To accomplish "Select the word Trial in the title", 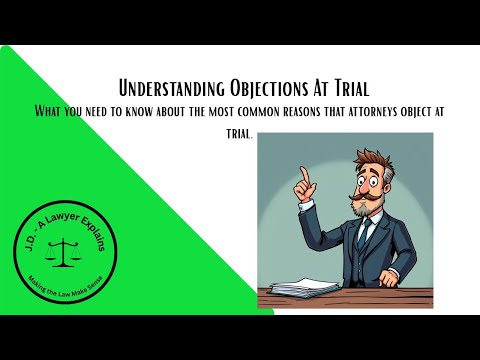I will pos(334,88).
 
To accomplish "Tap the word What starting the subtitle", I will pos(47,110).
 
